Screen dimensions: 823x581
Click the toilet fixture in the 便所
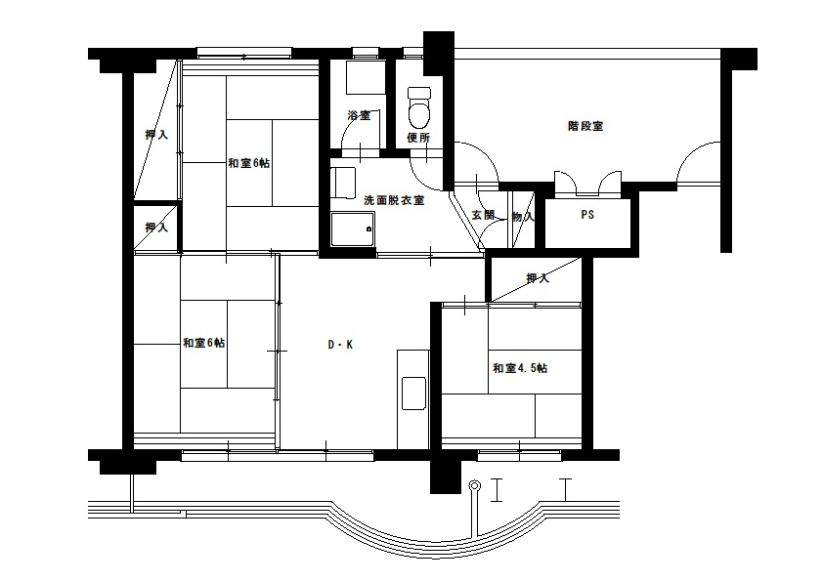[419, 107]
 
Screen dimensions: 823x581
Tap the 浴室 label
[359, 115]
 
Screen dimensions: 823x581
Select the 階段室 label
[585, 126]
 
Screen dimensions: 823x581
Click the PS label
[587, 215]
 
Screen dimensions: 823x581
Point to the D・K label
[341, 345]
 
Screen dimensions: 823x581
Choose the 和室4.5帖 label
[520, 368]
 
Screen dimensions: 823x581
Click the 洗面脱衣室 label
[394, 200]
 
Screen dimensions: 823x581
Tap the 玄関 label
[483, 215]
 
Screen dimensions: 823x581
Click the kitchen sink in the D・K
[413, 394]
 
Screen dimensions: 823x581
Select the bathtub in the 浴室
[367, 77]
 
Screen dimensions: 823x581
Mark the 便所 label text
[419, 138]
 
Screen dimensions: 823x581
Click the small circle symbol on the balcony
[474, 485]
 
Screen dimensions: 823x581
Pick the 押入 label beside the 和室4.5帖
[538, 278]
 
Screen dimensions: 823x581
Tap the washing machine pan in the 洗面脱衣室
[353, 229]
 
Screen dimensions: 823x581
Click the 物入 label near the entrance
[523, 216]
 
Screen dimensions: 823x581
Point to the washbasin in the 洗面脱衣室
[343, 183]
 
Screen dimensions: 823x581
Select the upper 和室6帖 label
[249, 163]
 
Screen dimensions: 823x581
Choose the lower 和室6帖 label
[204, 343]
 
